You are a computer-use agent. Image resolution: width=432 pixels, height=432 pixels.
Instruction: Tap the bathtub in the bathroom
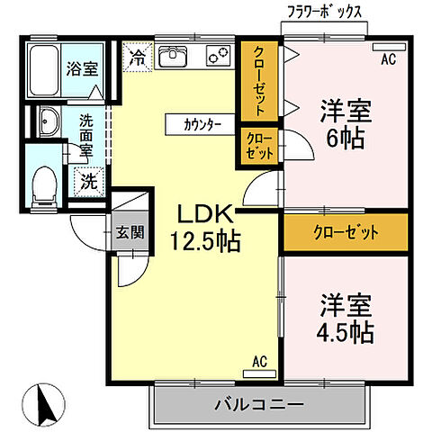pos(45,65)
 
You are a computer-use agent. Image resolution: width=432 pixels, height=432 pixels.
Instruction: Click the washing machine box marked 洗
pos(88,179)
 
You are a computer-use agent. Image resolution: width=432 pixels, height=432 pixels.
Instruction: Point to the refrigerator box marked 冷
pos(137,56)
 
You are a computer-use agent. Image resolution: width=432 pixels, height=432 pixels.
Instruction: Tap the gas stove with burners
pos(218,57)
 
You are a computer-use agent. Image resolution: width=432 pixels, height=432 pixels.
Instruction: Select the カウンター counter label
pos(199,124)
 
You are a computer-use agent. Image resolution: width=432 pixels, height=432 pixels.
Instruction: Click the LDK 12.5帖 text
pos(206,229)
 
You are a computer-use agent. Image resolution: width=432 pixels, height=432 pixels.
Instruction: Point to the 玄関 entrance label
pos(129,231)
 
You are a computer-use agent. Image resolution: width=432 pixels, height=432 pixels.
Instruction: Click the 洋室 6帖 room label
pos(343,126)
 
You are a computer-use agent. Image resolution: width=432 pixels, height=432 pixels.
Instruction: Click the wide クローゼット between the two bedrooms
pos(345,233)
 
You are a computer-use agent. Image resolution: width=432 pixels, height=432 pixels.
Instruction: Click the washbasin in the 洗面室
pos(47,123)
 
